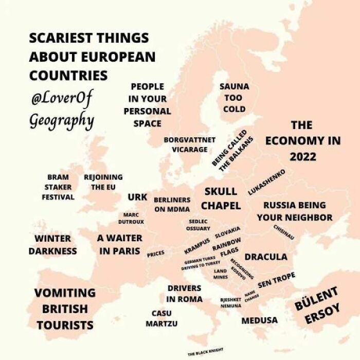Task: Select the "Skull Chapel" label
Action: (221, 199)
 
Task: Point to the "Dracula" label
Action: (265, 257)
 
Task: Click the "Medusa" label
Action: (259, 320)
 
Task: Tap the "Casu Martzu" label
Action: (161, 318)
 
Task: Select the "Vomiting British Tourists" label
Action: (65, 309)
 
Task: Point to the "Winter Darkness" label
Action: (52, 245)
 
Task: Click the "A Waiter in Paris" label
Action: (120, 245)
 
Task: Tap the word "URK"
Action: (137, 197)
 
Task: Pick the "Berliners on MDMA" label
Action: (172, 204)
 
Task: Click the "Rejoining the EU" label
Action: (103, 183)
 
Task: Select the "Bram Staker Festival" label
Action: (58, 187)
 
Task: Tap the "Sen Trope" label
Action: (276, 280)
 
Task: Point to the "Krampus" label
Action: (197, 246)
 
